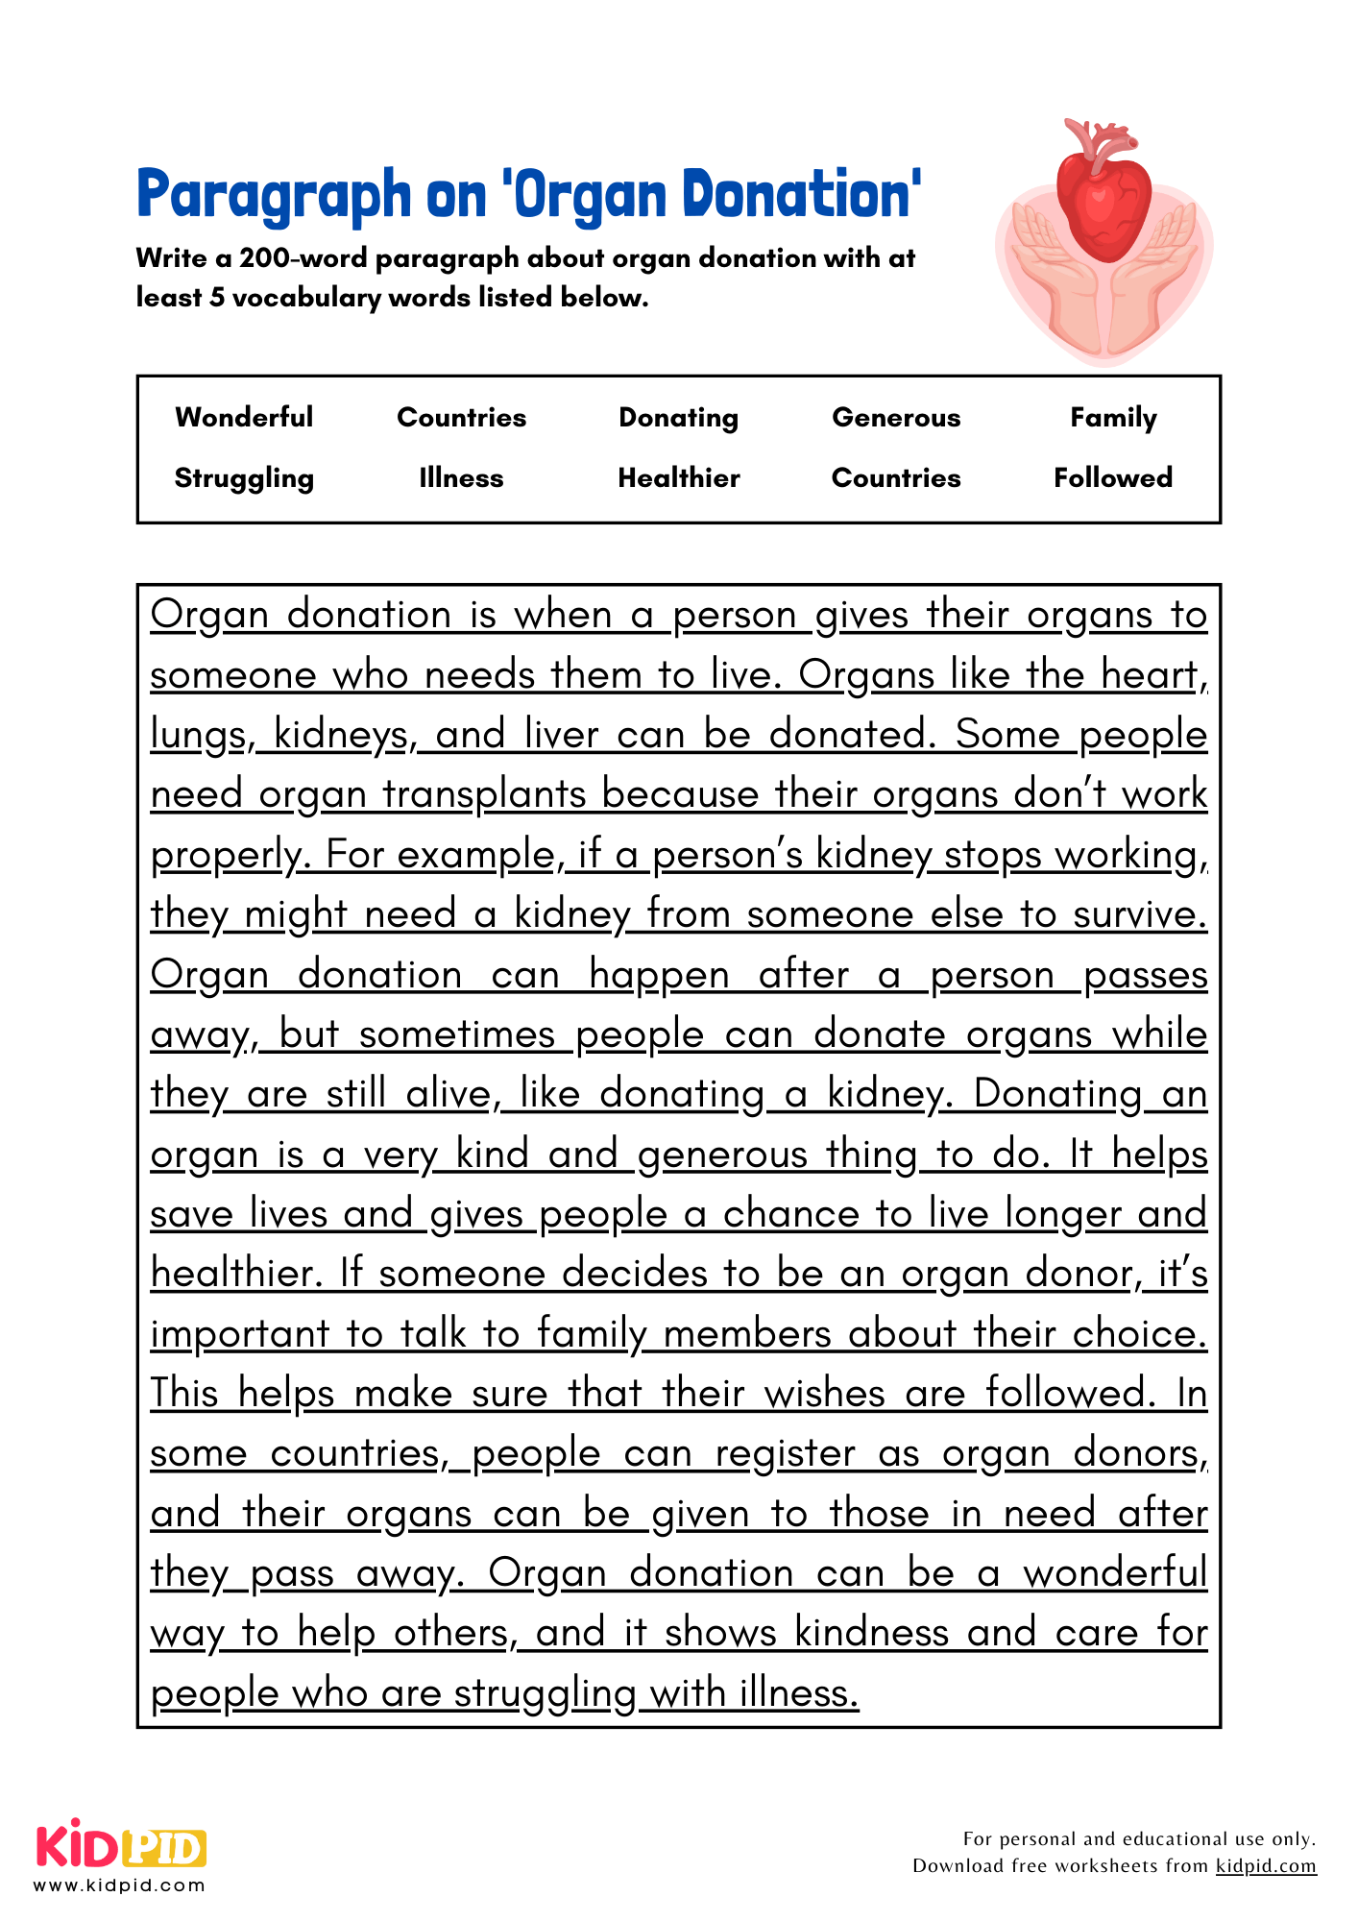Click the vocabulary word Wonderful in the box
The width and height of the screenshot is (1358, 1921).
(x=244, y=417)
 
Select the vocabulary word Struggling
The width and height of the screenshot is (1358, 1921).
(x=244, y=477)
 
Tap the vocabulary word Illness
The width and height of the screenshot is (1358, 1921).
(x=461, y=477)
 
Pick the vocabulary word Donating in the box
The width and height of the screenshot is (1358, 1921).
(x=678, y=417)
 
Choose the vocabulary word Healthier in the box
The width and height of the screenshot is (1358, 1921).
(x=678, y=477)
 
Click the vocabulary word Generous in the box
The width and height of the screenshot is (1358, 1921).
(x=895, y=417)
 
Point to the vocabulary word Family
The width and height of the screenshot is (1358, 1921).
(x=1113, y=417)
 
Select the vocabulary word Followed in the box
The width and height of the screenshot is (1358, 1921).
(x=1113, y=477)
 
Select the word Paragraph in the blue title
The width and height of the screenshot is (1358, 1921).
(x=273, y=196)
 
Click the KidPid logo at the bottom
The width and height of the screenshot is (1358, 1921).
(x=121, y=1846)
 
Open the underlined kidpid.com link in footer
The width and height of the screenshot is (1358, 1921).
(x=1265, y=1865)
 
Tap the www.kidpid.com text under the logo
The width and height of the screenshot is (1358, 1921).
(x=119, y=1885)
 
